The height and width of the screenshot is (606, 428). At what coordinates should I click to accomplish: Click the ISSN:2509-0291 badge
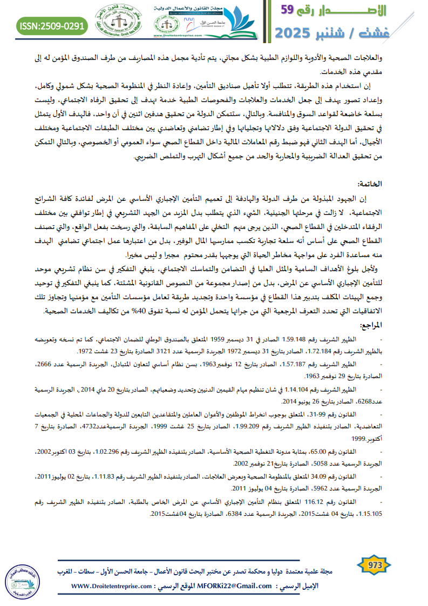tap(52, 25)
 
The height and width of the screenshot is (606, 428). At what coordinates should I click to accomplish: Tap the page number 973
tap(374, 565)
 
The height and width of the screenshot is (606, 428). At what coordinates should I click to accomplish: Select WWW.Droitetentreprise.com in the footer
tap(108, 586)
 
